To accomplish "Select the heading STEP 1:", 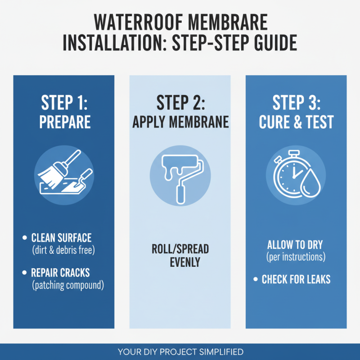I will click(65, 103).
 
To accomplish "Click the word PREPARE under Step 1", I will click(65, 122).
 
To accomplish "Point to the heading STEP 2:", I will click(180, 103).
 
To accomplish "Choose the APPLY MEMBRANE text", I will click(180, 122).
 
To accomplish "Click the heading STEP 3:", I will click(296, 103).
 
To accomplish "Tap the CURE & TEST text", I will click(296, 122).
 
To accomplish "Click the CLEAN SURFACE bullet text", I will click(61, 237).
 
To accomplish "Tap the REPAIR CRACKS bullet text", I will click(60, 273).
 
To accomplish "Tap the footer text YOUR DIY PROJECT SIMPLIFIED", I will click(180, 351).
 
